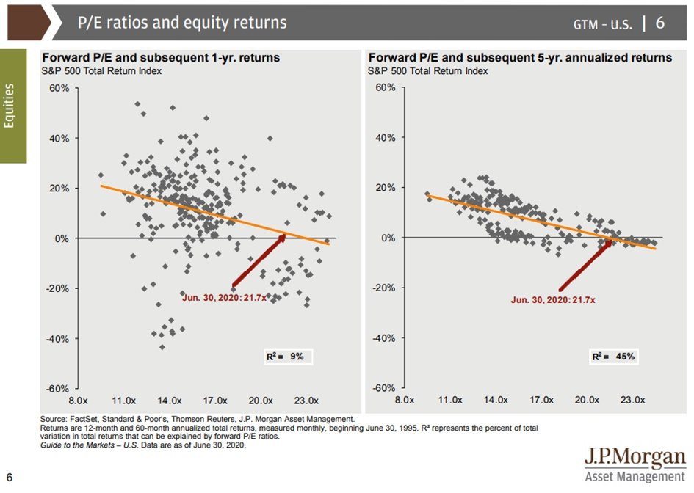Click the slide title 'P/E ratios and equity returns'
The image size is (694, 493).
(182, 23)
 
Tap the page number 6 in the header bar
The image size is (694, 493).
(659, 23)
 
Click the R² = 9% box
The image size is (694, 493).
(289, 357)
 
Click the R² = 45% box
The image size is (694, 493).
(614, 357)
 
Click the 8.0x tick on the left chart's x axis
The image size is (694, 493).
(79, 401)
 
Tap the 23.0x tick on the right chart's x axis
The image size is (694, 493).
(633, 401)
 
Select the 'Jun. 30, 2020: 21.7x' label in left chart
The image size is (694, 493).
(225, 297)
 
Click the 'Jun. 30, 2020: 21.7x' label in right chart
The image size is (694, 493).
(553, 299)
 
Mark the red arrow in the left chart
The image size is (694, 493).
(259, 260)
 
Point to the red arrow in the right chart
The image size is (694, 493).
(586, 266)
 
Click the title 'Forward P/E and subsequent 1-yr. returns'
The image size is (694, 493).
(161, 57)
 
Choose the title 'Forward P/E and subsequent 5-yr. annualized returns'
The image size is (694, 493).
(520, 57)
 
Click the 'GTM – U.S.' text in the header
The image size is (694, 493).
(603, 24)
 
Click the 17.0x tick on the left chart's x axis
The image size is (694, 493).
(215, 401)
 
